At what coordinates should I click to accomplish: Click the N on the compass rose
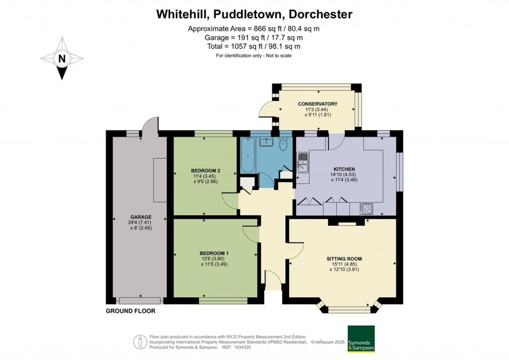click(62, 58)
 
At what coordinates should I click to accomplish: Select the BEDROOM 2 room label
click(205, 171)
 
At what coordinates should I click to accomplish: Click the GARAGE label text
click(141, 217)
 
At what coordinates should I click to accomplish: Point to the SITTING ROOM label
click(344, 259)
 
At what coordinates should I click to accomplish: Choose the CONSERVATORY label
click(318, 104)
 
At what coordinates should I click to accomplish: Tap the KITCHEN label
click(343, 169)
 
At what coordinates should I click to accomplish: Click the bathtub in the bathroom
click(248, 155)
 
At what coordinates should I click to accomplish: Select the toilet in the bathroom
click(284, 145)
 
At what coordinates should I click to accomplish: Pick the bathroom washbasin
click(266, 142)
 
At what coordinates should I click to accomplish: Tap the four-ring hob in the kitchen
click(366, 208)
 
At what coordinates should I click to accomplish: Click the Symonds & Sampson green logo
click(361, 339)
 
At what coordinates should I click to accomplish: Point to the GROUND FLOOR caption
click(131, 311)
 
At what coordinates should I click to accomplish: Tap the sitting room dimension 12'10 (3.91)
click(344, 270)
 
